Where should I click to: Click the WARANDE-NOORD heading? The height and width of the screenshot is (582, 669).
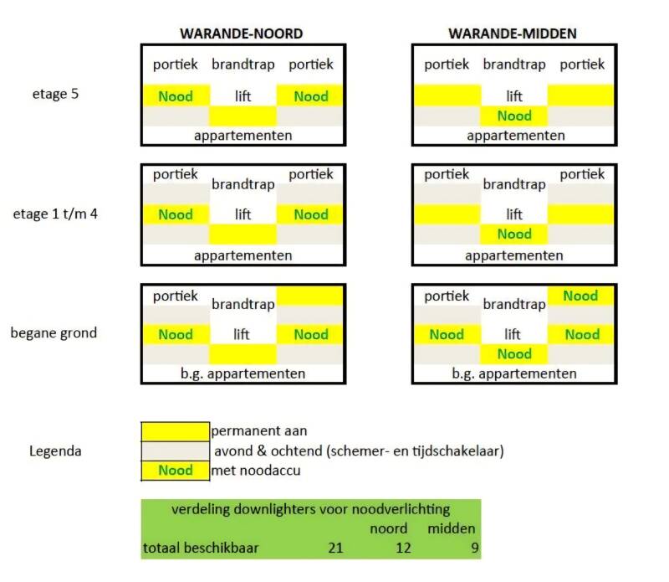point(242,33)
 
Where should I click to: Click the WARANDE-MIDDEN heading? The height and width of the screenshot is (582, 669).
point(513,33)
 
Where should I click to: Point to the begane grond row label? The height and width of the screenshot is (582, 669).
point(54,332)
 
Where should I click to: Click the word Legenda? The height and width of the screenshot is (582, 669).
point(55,451)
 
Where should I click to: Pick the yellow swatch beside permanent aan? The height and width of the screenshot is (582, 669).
point(175,431)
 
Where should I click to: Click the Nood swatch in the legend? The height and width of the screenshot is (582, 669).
point(175,470)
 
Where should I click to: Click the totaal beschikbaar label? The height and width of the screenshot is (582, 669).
point(201,549)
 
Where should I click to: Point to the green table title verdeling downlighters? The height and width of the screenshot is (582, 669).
point(310,508)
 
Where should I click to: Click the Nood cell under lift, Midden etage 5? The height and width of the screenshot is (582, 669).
point(514,116)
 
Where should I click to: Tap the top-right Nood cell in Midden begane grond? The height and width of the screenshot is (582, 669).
point(580,296)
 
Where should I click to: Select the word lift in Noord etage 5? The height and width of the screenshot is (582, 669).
point(243,96)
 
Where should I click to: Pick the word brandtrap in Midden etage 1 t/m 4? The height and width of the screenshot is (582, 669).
point(514,184)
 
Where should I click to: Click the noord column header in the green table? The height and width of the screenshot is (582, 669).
point(389,528)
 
